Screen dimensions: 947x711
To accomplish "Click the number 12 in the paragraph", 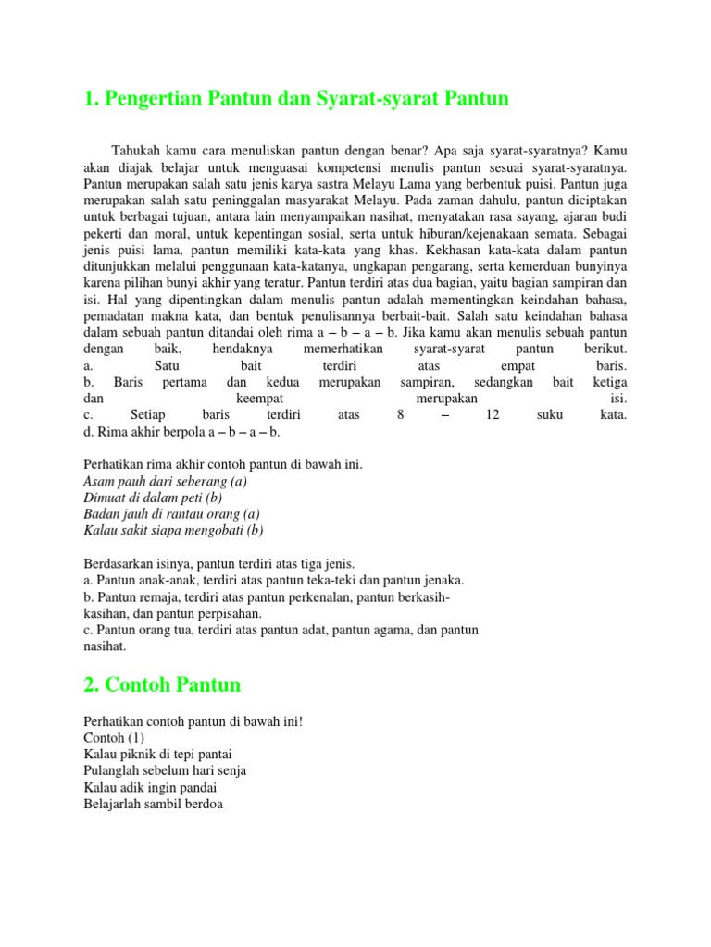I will [493, 415].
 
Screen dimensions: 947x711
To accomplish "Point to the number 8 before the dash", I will [401, 415].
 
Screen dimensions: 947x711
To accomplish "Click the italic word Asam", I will [100, 481].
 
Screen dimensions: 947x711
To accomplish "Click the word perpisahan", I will [232, 613].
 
